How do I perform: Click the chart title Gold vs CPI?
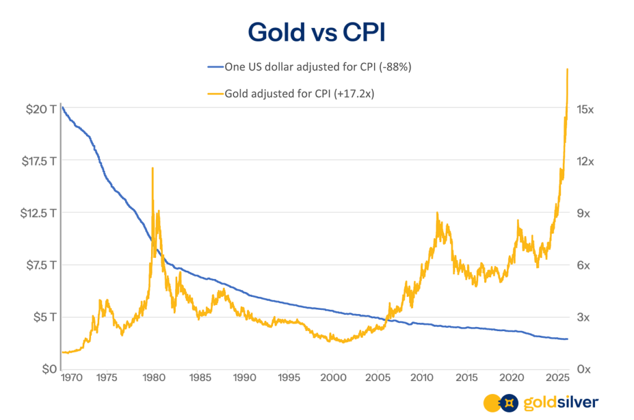pos(316,32)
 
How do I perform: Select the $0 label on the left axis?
pos(47,369)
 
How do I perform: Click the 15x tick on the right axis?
pos(585,109)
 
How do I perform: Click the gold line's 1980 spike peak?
pos(152,168)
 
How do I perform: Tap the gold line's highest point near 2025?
pos(567,69)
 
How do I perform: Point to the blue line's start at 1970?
pos(63,108)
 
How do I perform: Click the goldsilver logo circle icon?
pos(500,403)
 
